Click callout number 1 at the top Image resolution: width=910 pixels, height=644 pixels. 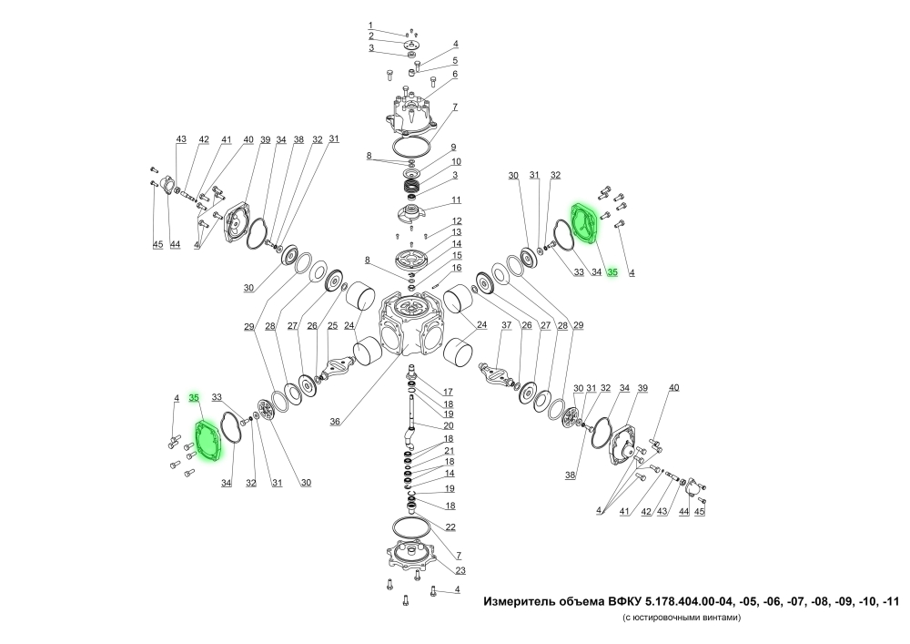pos(370,26)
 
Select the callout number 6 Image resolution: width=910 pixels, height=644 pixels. pos(456,75)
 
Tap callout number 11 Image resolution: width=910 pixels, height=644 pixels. pos(457,200)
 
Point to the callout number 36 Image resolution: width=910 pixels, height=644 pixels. pos(335,422)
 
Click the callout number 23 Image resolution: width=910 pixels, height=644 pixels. pos(460,570)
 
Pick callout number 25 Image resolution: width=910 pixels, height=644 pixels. pos(332,326)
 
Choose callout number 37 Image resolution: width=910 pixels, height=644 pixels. pos(507,325)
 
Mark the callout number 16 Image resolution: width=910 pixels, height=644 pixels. pos(458,268)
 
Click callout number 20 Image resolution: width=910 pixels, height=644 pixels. pos(449,425)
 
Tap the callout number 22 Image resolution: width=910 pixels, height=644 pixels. pos(450,527)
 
